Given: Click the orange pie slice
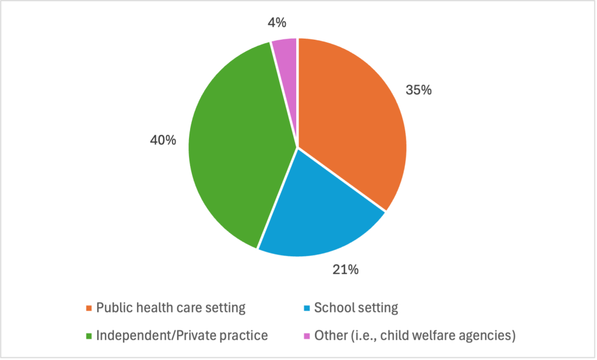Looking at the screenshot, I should coord(350,117).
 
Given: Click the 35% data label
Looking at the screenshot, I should coord(419,90).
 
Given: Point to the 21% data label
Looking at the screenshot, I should coord(346,270).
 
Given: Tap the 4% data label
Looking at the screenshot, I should coord(277,23).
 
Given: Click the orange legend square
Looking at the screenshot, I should coord(89,308).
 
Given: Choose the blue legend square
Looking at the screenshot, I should coord(307,308).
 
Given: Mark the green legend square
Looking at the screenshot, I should coord(89,336).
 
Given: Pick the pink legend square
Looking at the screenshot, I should coord(307,336).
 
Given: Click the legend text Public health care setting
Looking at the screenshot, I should coord(171,307).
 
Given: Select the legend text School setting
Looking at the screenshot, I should coord(356,307).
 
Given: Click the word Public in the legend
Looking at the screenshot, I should coord(113,307).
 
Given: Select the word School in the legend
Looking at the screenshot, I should coord(333,307).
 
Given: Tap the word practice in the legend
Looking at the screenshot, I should coord(243,336).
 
